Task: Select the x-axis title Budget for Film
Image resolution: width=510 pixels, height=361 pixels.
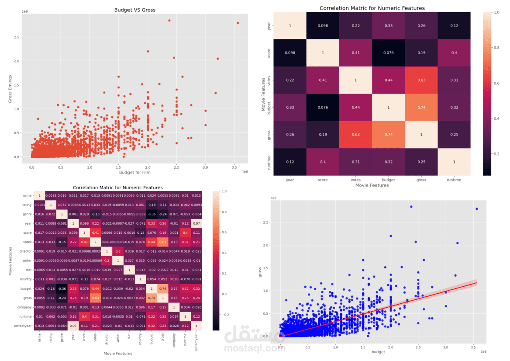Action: tap(134, 173)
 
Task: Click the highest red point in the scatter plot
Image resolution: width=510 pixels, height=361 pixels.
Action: tap(169, 21)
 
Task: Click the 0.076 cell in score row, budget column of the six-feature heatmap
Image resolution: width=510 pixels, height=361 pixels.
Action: tap(388, 53)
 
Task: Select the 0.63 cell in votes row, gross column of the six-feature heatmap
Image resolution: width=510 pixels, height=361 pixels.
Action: tap(421, 80)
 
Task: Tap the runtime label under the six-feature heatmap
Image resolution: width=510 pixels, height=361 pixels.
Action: tap(454, 180)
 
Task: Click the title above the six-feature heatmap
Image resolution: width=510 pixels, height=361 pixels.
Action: tap(372, 8)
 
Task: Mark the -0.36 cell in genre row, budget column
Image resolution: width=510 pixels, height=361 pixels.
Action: tap(152, 214)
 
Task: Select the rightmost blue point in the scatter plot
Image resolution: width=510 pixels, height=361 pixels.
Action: tap(477, 208)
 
